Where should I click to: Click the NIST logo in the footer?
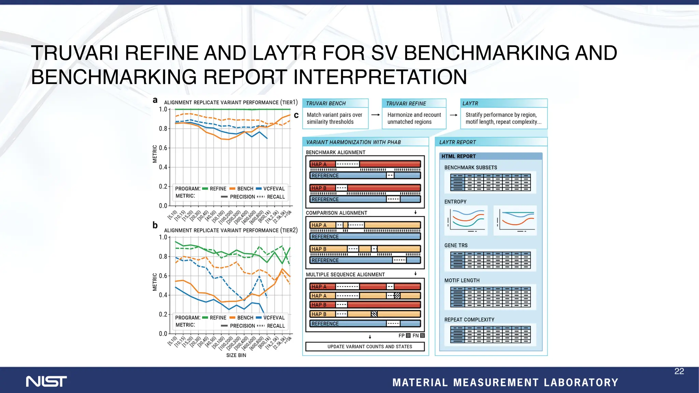pyautogui.click(x=46, y=381)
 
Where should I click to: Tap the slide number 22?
pyautogui.click(x=679, y=371)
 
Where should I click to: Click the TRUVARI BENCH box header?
pyautogui.click(x=326, y=103)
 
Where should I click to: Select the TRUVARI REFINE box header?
pyautogui.click(x=406, y=103)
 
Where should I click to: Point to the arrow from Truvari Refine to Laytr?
pyautogui.click(x=454, y=115)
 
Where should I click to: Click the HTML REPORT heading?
pyautogui.click(x=458, y=156)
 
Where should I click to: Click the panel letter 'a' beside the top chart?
pyautogui.click(x=155, y=100)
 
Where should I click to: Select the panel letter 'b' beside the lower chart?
pyautogui.click(x=155, y=225)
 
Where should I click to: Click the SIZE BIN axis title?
pyautogui.click(x=236, y=355)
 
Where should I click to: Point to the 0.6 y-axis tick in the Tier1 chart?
pyautogui.click(x=163, y=148)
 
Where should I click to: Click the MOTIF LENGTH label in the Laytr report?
pyautogui.click(x=462, y=280)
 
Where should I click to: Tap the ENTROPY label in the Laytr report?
pyautogui.click(x=455, y=202)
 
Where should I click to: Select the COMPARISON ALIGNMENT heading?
pyautogui.click(x=336, y=213)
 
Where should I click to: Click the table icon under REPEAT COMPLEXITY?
pyautogui.click(x=490, y=335)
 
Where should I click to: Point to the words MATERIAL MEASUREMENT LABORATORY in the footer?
pyautogui.click(x=505, y=382)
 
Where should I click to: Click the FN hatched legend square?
pyautogui.click(x=423, y=336)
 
